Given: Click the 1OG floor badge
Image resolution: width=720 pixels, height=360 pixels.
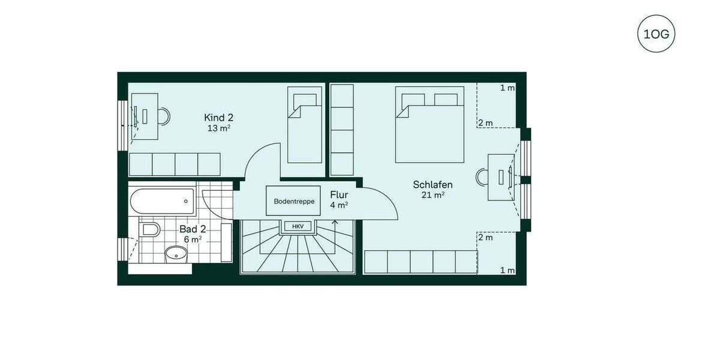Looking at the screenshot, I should (656, 34).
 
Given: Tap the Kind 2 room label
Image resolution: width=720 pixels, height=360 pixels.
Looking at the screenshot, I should (218, 118).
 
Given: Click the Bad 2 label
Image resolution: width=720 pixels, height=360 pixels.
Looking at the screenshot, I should (193, 229).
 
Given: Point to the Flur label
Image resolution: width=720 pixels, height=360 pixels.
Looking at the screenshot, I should (339, 194).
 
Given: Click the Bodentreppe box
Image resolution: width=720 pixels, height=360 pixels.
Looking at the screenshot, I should (294, 201).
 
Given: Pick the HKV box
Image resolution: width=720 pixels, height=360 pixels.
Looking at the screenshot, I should (298, 226).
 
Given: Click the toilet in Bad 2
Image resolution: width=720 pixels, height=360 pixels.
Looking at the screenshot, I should (150, 230).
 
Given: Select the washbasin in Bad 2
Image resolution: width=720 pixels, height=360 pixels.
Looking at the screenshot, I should (176, 254).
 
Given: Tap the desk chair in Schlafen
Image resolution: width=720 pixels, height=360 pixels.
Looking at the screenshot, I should (482, 177).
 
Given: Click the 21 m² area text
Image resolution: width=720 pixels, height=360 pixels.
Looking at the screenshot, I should (433, 194).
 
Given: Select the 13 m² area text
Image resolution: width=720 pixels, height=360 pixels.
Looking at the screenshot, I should (218, 128).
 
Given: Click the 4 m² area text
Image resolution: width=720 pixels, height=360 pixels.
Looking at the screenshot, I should (339, 205).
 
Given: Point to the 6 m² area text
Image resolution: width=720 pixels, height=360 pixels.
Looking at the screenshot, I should (193, 239).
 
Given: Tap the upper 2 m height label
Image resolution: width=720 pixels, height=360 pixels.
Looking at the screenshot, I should (485, 123).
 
